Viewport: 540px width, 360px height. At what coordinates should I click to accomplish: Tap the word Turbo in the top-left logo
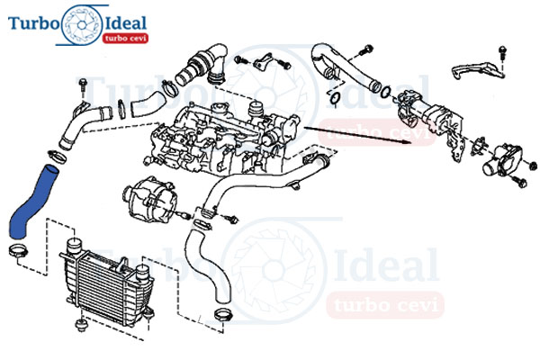tap(32, 23)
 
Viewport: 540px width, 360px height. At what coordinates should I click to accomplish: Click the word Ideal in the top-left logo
tap(126, 23)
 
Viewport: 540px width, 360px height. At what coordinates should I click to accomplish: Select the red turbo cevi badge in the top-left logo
tap(125, 38)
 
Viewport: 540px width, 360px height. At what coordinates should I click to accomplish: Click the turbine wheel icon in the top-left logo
tap(81, 25)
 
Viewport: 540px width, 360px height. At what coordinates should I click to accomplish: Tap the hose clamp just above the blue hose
tap(58, 157)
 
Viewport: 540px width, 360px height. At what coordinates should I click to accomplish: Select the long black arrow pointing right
tap(357, 135)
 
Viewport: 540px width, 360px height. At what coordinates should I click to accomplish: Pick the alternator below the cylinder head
tap(150, 199)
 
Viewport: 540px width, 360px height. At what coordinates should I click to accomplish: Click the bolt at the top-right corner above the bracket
tap(502, 52)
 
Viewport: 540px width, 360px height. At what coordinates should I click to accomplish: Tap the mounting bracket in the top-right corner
tap(478, 70)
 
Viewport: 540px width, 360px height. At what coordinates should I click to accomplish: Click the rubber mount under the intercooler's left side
tap(81, 325)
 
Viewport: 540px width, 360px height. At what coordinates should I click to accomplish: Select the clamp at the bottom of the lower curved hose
tap(223, 314)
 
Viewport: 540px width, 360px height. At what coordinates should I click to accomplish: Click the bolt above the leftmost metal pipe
tap(83, 85)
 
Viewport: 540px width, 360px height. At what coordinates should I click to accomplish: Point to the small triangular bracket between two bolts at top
tap(263, 62)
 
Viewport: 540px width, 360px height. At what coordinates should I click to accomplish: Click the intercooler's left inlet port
tap(73, 246)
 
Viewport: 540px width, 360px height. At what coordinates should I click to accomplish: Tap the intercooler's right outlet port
tap(142, 272)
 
